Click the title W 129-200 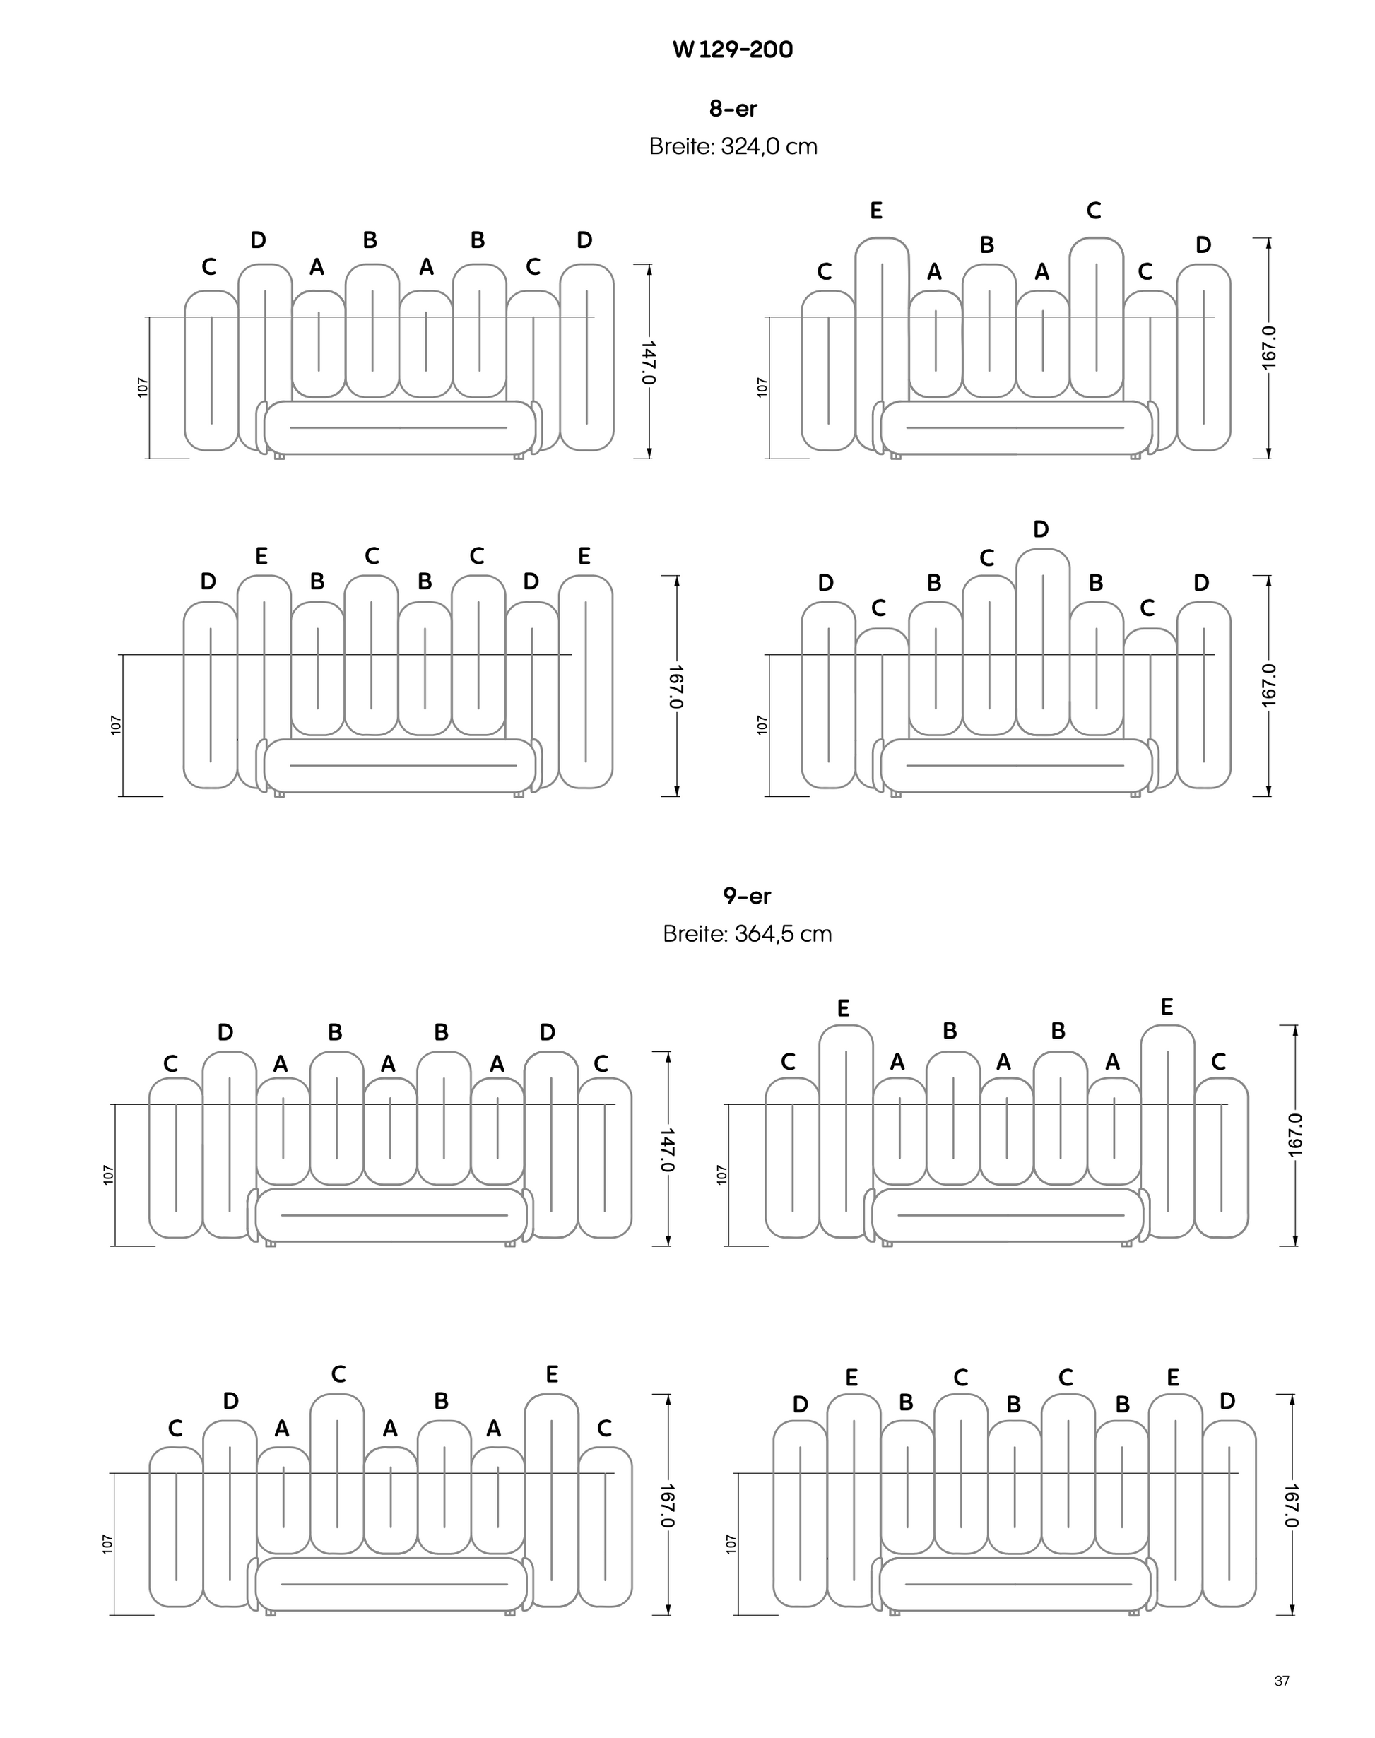coord(733,50)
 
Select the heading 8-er coord(733,108)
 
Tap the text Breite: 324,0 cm coord(733,146)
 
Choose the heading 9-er coord(746,895)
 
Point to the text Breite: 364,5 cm coord(746,934)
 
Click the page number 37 coord(1282,1681)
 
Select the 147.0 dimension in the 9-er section coord(668,1149)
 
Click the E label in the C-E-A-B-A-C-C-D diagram coord(876,211)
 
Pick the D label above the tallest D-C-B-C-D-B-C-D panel coord(1041,530)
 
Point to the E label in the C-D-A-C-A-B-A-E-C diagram coord(551,1374)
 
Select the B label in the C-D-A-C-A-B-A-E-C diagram coord(441,1402)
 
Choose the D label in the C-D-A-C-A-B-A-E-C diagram coord(231,1402)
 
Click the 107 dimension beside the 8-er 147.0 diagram coord(143,387)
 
